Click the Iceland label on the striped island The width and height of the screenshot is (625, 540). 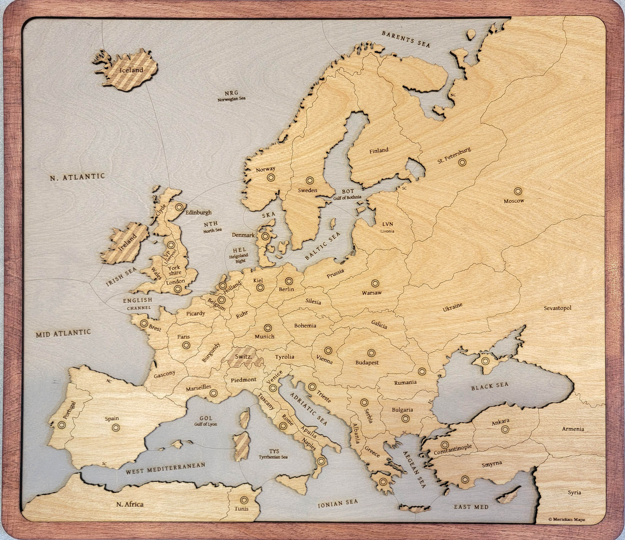pyautogui.click(x=131, y=70)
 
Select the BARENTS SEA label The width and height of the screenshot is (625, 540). pyautogui.click(x=406, y=39)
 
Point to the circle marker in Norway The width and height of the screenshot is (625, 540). pyautogui.click(x=271, y=178)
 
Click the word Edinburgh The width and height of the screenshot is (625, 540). pyautogui.click(x=198, y=212)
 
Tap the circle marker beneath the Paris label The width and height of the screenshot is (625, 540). pyautogui.click(x=186, y=345)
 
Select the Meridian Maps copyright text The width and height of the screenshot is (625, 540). pyautogui.click(x=566, y=519)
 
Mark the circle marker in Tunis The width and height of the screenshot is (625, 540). pyautogui.click(x=244, y=500)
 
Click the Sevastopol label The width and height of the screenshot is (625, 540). pyautogui.click(x=557, y=308)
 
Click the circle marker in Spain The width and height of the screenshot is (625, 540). pyautogui.click(x=116, y=427)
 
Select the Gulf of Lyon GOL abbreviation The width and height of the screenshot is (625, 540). pyautogui.click(x=206, y=418)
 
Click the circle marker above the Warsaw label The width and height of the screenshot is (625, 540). pyautogui.click(x=375, y=283)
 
